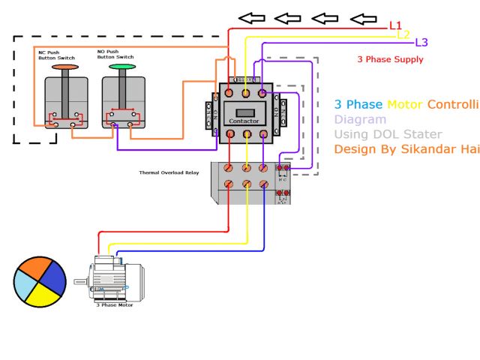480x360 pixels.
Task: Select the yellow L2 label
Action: pos(403,34)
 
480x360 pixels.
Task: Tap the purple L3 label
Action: pos(421,43)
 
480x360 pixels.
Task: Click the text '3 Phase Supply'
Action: pos(391,60)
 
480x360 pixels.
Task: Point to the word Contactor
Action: pos(244,121)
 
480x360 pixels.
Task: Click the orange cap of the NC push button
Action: pos(64,67)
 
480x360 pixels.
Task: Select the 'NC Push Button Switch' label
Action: pos(55,55)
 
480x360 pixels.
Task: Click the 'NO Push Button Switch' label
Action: pos(115,54)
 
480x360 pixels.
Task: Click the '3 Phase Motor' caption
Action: pos(115,306)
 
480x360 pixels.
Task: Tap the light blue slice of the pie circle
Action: pos(23,285)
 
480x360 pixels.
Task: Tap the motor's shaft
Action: pos(81,282)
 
